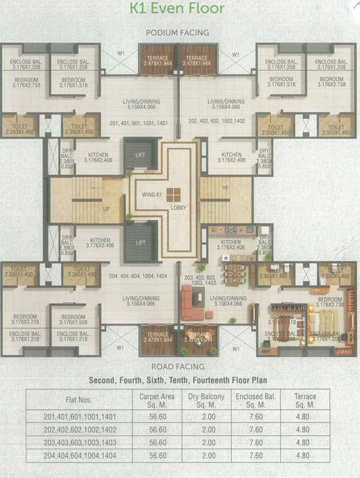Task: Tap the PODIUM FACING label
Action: coord(178,32)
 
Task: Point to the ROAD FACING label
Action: coord(178,367)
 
